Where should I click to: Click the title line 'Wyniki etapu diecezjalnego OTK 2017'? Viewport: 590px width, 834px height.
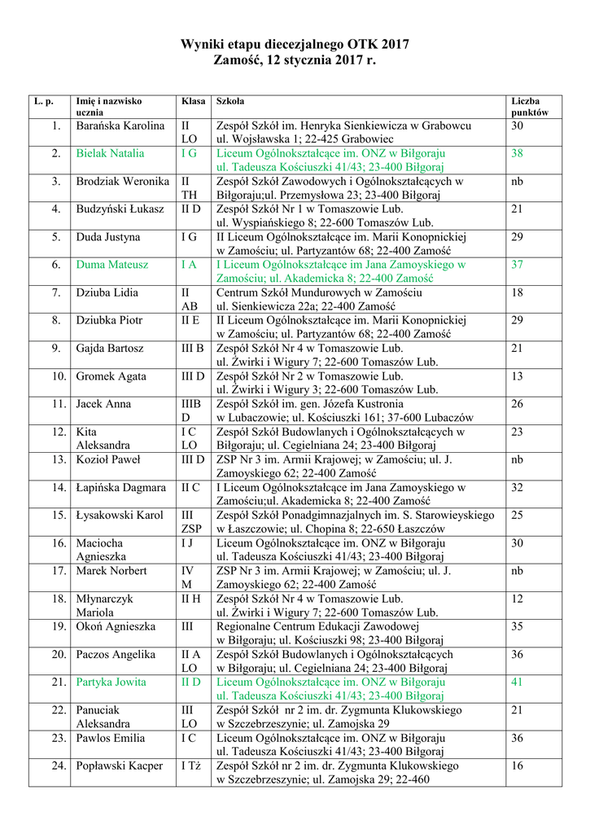click(295, 44)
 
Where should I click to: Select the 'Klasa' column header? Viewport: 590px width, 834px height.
click(193, 101)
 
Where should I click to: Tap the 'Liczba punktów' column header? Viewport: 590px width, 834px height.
click(530, 107)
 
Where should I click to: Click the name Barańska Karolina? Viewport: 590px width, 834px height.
click(120, 126)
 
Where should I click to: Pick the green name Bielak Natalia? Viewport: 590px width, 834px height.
click(110, 153)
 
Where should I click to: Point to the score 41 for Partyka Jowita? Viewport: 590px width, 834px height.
click(517, 682)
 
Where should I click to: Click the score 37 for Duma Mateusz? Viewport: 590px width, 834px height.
click(517, 265)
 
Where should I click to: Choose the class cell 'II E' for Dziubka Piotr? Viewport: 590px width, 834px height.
click(190, 320)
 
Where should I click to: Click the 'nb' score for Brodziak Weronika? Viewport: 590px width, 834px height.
click(517, 182)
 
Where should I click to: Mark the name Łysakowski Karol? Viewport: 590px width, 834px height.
click(120, 515)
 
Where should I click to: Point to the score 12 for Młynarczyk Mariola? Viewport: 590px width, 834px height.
click(517, 599)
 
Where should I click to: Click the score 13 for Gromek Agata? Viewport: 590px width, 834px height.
click(517, 376)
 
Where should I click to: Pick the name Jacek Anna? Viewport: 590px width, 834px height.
click(103, 404)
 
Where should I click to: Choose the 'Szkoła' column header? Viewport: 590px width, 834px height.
click(229, 101)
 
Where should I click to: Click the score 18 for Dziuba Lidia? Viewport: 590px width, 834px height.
click(517, 292)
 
